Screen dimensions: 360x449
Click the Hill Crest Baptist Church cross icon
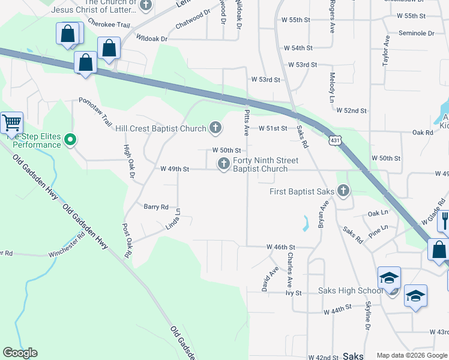pyautogui.click(x=215, y=128)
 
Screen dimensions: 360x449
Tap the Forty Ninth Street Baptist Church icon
pyautogui.click(x=224, y=164)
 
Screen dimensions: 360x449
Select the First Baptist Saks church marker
pyautogui.click(x=343, y=191)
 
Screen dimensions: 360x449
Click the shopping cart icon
pyautogui.click(x=12, y=124)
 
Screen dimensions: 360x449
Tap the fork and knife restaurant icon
pyautogui.click(x=445, y=220)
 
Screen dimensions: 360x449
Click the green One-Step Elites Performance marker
pyautogui.click(x=70, y=140)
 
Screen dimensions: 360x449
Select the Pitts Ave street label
pyautogui.click(x=246, y=122)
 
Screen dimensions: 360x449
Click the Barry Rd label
pyautogui.click(x=156, y=206)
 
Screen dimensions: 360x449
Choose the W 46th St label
pyautogui.click(x=281, y=247)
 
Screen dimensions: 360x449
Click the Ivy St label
pyautogui.click(x=293, y=292)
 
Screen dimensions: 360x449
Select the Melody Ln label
pyautogui.click(x=332, y=88)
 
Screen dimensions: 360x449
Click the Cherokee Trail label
pyautogui.click(x=109, y=23)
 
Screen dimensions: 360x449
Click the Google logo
pyautogui.click(x=20, y=353)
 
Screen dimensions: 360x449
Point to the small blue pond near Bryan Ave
pyautogui.click(x=306, y=223)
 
